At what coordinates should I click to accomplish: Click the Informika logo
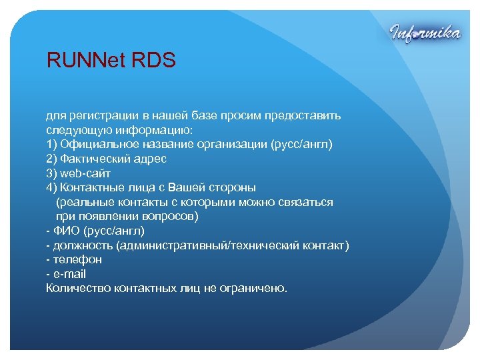tap(424, 33)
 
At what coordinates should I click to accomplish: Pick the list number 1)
tap(51, 144)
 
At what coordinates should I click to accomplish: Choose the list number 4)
tap(51, 187)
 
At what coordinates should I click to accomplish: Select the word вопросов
tap(171, 217)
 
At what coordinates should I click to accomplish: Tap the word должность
tap(83, 245)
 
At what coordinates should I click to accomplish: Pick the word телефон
tap(77, 260)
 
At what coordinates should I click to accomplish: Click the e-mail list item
tap(69, 274)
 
